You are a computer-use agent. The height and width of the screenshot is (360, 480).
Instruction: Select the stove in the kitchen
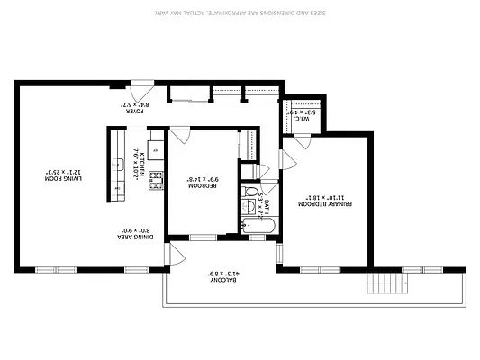coord(155,179)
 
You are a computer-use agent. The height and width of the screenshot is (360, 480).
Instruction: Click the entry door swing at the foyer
coord(140,91)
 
